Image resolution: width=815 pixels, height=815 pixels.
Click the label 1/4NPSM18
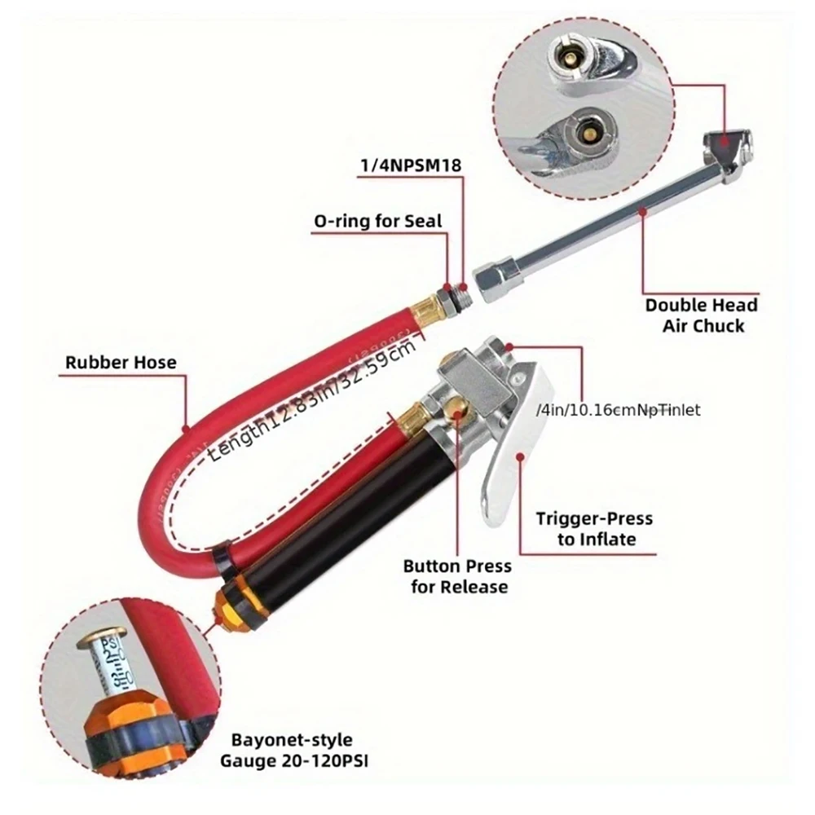(411, 165)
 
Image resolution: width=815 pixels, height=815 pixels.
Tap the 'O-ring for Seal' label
(377, 220)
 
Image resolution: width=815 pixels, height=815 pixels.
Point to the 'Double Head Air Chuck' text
(701, 315)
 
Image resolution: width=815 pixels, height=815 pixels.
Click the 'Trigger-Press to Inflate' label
(594, 529)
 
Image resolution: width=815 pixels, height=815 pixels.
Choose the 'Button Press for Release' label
(457, 576)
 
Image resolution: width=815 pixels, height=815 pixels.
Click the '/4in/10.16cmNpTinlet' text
(618, 410)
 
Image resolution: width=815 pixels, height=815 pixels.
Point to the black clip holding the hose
(222, 553)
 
